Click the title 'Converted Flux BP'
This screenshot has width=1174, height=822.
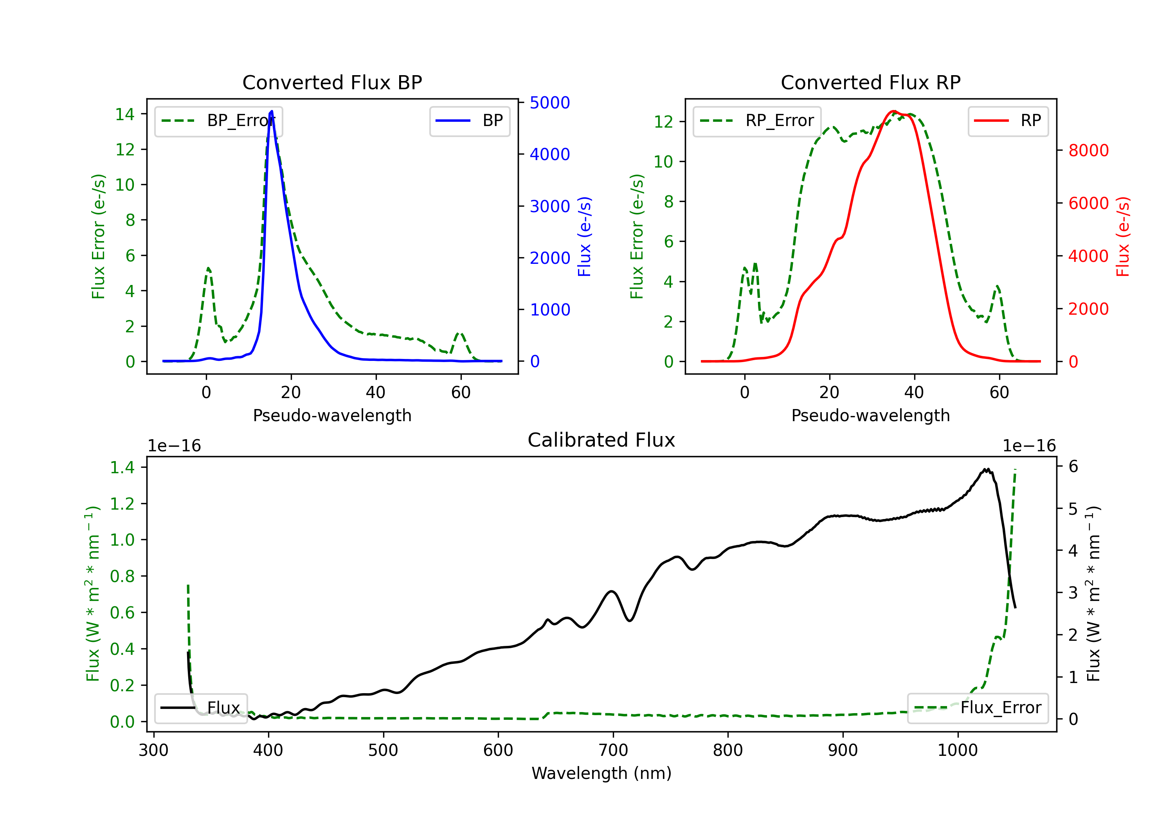click(332, 82)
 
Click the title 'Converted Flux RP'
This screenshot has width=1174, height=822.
click(870, 82)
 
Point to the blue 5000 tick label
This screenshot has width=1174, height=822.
click(550, 103)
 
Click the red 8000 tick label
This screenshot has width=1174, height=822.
click(1089, 150)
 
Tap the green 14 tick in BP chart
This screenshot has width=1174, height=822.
click(125, 114)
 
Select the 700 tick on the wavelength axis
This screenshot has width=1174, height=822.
click(612, 750)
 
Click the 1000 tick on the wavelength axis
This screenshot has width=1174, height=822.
click(957, 750)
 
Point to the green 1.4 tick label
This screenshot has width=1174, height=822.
click(122, 467)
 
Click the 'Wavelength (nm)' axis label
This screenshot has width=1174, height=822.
click(601, 773)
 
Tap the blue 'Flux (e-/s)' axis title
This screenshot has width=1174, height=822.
click(584, 236)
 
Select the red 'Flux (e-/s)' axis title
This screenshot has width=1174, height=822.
click(1123, 236)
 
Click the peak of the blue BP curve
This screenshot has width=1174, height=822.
click(272, 111)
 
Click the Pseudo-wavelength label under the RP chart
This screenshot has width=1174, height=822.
click(870, 415)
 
